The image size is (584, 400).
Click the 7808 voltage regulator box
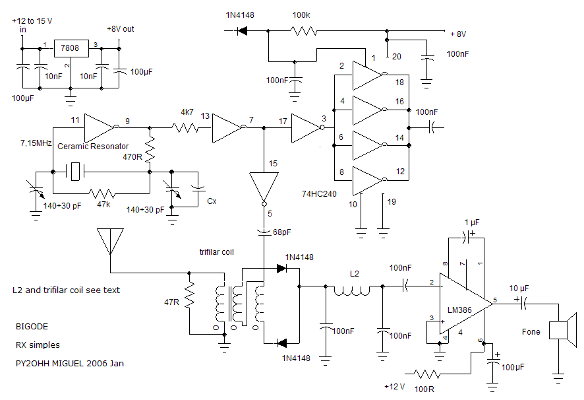[71, 48]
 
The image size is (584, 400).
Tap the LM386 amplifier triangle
[465, 304]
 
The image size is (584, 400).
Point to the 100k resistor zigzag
[304, 30]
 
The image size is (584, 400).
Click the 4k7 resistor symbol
[185, 127]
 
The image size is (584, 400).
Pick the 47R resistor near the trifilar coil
[189, 295]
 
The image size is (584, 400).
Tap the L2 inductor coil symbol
[352, 290]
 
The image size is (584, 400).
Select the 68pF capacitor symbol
[264, 232]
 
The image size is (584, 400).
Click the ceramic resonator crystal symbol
[75, 172]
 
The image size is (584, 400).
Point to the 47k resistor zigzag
[102, 193]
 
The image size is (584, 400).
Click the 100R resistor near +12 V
[426, 373]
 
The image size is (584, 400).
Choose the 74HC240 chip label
[319, 193]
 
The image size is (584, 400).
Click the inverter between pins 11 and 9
[100, 127]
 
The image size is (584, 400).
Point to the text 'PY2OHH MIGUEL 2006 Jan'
[70, 363]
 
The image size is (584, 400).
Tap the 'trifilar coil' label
[216, 252]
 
